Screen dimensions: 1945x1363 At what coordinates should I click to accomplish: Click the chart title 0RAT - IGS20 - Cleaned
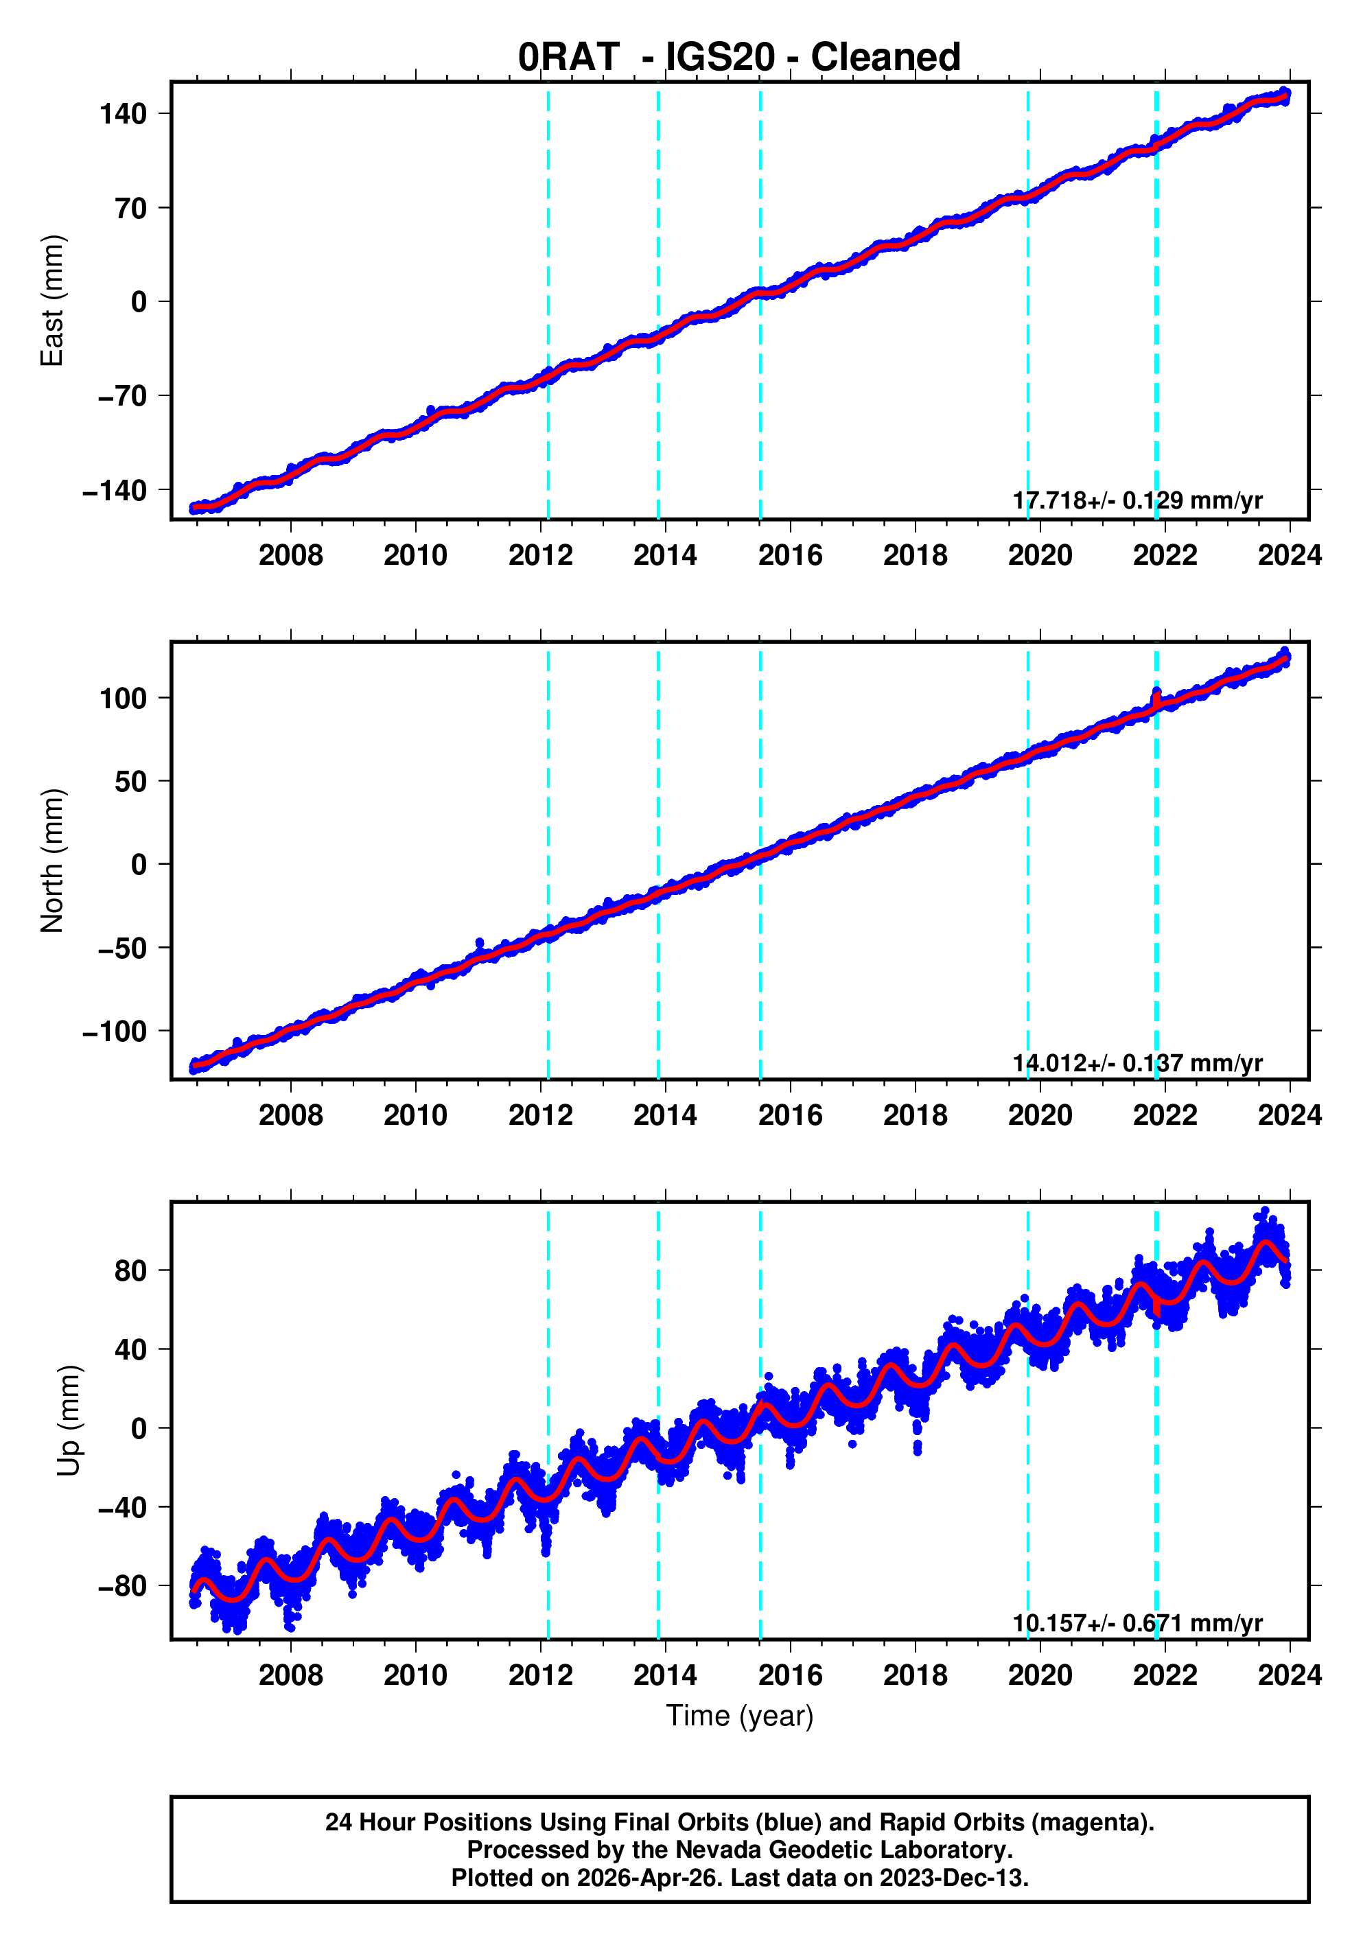738,58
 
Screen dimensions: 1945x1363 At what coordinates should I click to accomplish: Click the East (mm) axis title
53,301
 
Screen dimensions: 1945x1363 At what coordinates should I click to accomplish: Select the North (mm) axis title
53,861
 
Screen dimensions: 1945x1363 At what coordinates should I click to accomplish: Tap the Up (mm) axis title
69,1421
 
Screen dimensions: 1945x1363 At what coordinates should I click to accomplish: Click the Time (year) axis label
740,1715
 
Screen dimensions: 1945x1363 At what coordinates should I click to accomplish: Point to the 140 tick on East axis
124,113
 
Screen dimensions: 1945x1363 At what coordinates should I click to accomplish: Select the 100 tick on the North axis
124,698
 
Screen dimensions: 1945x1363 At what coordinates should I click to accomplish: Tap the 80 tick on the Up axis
131,1270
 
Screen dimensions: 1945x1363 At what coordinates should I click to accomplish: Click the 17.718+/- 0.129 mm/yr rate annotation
1137,500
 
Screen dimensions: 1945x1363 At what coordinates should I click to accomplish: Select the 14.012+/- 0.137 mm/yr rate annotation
1137,1062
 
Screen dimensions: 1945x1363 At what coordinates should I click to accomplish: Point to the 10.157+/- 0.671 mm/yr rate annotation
1137,1623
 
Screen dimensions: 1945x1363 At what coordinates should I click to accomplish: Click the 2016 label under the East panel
789,556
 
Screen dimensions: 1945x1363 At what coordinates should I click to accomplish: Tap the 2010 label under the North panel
415,1116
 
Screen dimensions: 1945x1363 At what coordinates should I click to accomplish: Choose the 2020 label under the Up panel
1039,1675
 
